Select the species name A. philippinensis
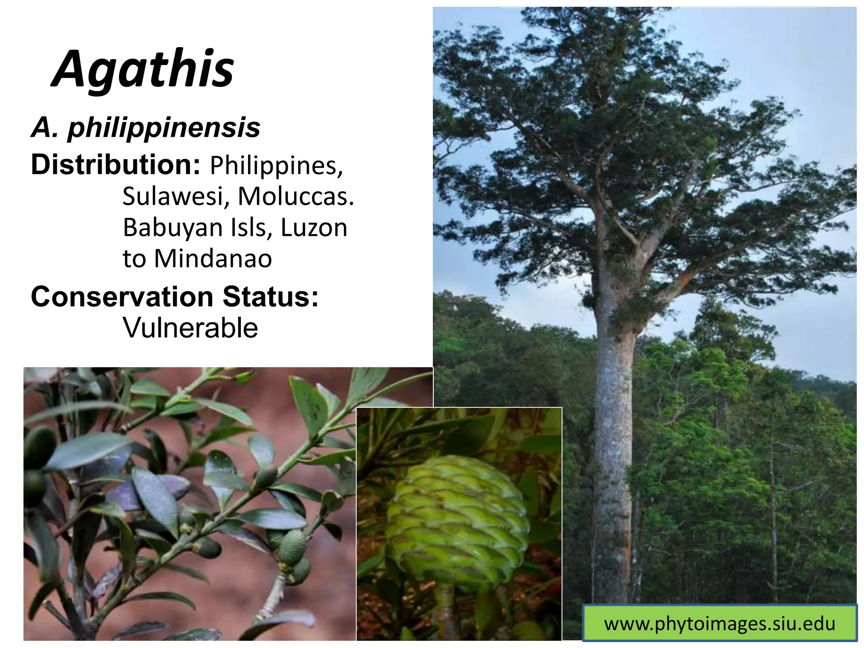pos(146,127)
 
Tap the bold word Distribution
pos(115,165)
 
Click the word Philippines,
pos(276,165)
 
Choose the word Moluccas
pos(295,196)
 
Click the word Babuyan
pos(173,228)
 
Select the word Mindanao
pos(213,259)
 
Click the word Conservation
pos(122,297)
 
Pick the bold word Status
pos(270,297)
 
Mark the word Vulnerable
pos(190,328)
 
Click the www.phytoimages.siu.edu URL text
pos(720,624)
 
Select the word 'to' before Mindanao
pos(134,259)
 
